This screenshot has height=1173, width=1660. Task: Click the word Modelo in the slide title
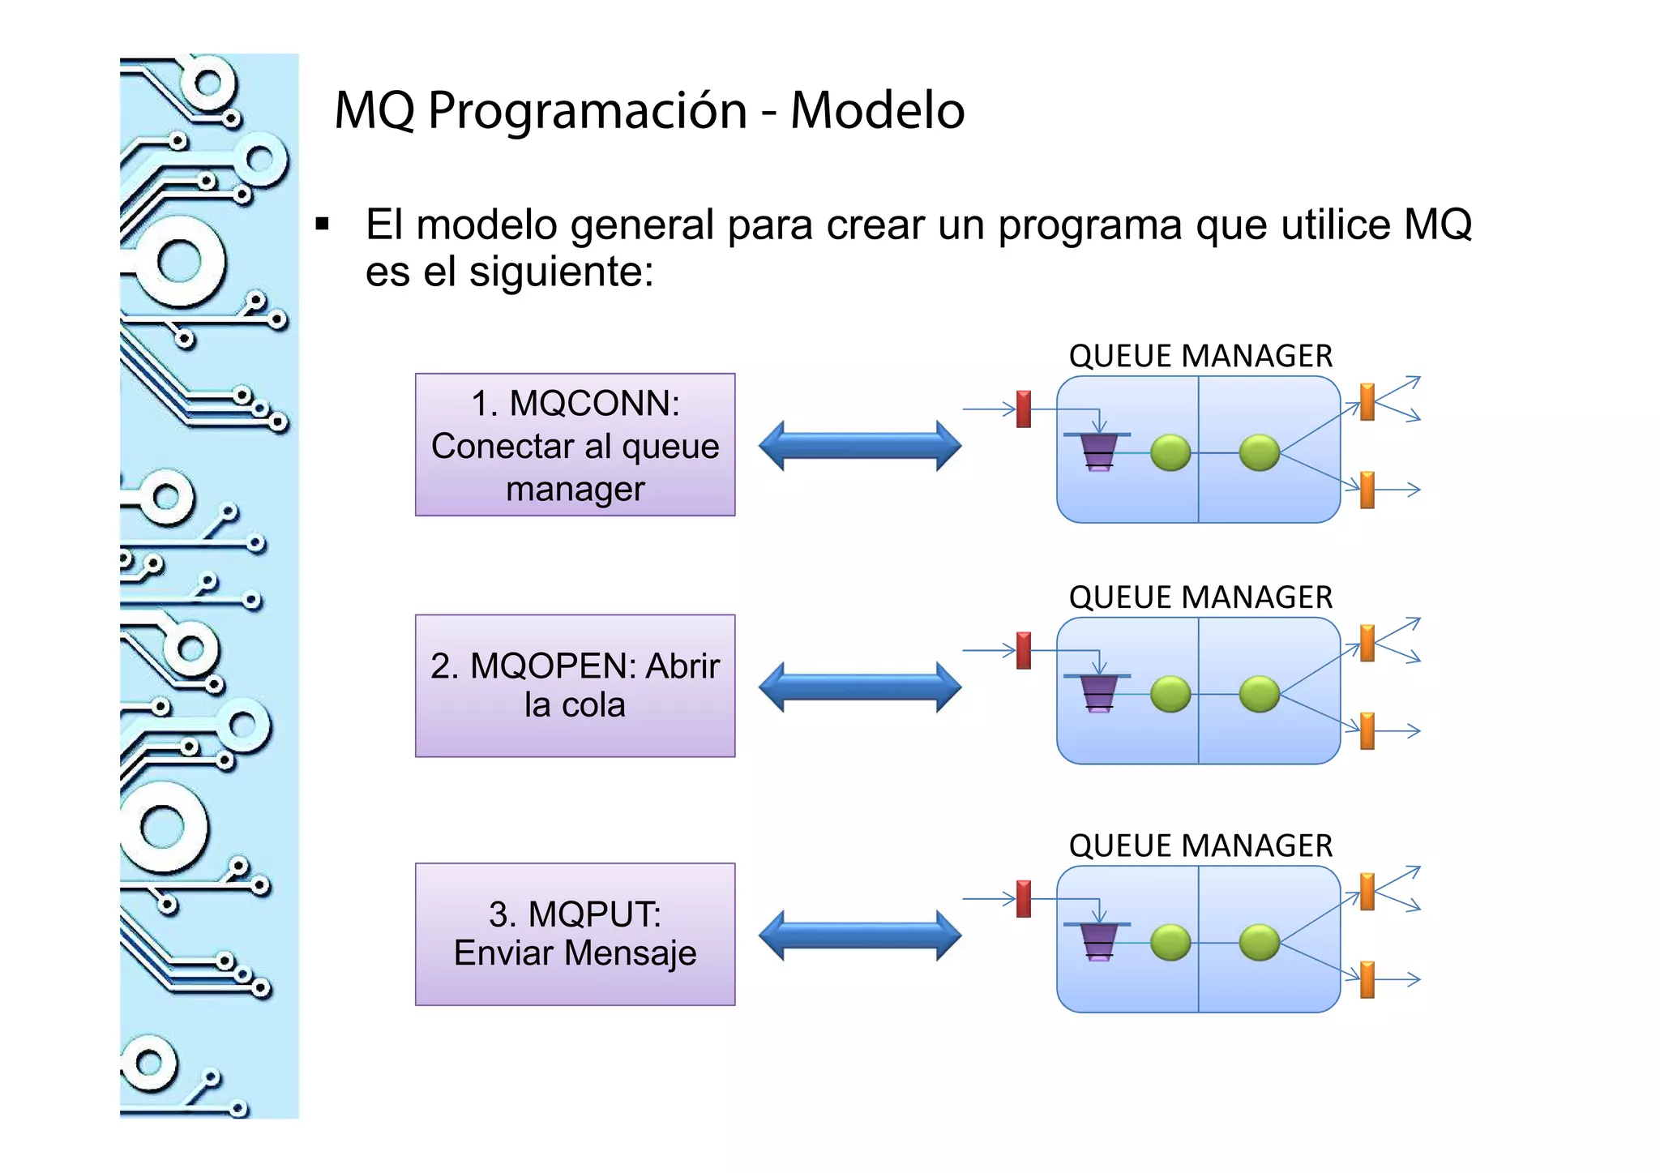(x=877, y=110)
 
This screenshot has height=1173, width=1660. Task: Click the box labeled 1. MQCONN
(x=575, y=444)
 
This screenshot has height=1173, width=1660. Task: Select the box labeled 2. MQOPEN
(x=575, y=686)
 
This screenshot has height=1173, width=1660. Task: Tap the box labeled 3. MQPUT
(x=575, y=934)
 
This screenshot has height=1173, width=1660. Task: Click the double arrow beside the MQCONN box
(x=860, y=445)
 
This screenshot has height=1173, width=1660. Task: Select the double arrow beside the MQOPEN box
(x=860, y=687)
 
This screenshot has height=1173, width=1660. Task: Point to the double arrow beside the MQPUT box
(x=860, y=935)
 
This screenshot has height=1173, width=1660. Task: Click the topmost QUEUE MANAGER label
(x=1200, y=356)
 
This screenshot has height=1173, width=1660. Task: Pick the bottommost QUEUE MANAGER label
(x=1200, y=846)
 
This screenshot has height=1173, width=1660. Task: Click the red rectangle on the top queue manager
(x=1024, y=409)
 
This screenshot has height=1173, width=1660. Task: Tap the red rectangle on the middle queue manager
(x=1024, y=650)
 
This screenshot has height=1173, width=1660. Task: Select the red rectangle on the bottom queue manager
(x=1024, y=898)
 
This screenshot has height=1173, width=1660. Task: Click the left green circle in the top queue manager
(x=1170, y=452)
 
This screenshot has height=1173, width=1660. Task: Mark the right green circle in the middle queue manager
(x=1260, y=694)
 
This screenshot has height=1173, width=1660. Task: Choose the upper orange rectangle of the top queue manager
(x=1367, y=401)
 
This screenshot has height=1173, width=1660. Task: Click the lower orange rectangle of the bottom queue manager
(x=1367, y=979)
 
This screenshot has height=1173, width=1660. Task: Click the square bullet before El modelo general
(x=323, y=225)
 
